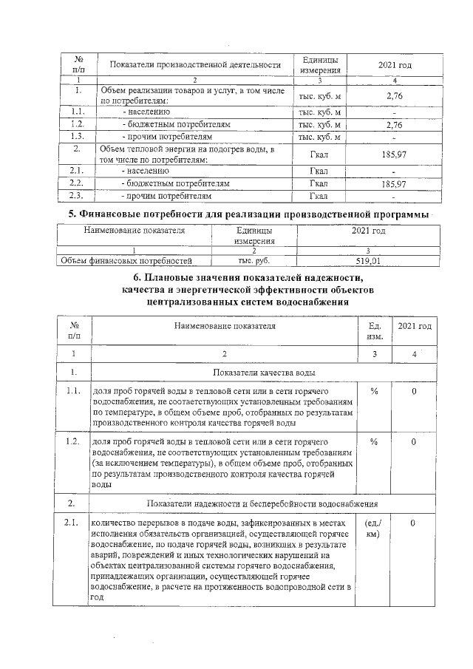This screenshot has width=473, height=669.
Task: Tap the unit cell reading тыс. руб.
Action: tap(253, 260)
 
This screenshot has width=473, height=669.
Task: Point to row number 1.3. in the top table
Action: tap(76, 137)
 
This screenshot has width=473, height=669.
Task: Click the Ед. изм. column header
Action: tap(373, 331)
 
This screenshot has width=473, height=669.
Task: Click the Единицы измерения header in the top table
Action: tap(319, 66)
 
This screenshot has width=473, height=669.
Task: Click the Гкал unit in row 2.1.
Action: tap(319, 172)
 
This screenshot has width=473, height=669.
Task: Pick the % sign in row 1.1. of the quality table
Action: tap(374, 391)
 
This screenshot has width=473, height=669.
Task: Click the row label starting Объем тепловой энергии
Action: tap(186, 154)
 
